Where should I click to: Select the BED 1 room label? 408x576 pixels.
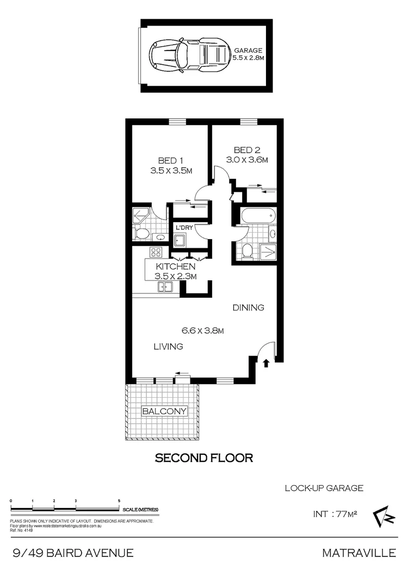click(170, 161)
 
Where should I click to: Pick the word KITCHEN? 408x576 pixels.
click(175, 267)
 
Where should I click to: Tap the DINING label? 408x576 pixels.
click(248, 308)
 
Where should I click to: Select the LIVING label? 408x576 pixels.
click(168, 346)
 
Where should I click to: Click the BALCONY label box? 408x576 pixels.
click(164, 411)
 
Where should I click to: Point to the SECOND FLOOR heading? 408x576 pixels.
click(204, 458)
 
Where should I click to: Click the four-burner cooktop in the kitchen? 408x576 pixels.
click(156, 252)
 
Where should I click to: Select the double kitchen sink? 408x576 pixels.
click(165, 287)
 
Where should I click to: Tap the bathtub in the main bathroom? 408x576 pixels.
click(256, 216)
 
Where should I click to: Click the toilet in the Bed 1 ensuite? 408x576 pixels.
click(142, 234)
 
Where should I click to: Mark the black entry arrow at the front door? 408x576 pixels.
click(266, 362)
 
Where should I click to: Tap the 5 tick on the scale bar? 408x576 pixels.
click(119, 504)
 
